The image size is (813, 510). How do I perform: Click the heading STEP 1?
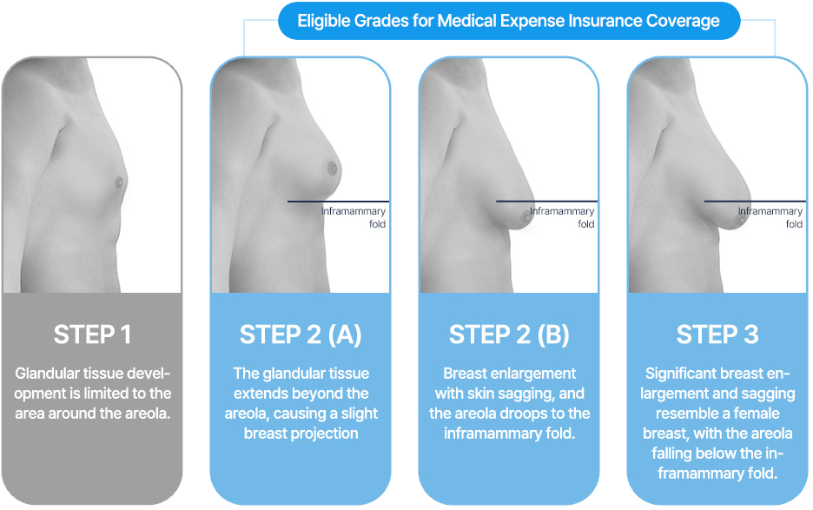click(91, 334)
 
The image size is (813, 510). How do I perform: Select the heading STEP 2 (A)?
click(301, 334)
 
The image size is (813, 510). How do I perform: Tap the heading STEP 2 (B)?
click(509, 334)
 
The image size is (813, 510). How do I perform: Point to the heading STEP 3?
click(717, 334)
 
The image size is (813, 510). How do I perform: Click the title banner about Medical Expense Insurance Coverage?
click(509, 21)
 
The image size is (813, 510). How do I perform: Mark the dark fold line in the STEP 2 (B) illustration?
click(546, 202)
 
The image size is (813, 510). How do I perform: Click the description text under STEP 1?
click(91, 393)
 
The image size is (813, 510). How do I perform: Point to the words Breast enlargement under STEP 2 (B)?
click(509, 374)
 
